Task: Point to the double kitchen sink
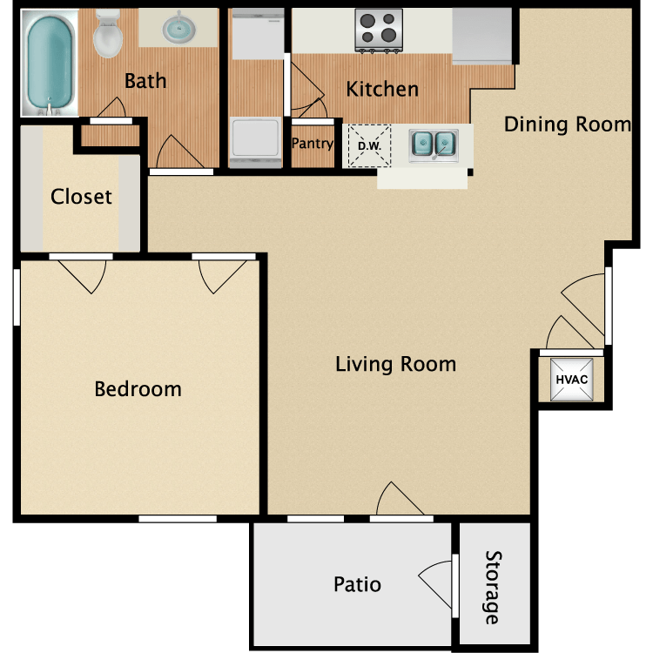coord(434,143)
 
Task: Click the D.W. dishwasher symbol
coord(369,145)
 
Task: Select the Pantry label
coord(312,144)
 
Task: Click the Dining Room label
coord(567,125)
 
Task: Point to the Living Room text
coord(395,363)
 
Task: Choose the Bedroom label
coord(138,388)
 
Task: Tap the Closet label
coord(81,196)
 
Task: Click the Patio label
coord(357,583)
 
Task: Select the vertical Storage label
coord(494,587)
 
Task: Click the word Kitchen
coord(382,89)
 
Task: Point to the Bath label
coord(145,82)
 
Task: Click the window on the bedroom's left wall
coord(16,297)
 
